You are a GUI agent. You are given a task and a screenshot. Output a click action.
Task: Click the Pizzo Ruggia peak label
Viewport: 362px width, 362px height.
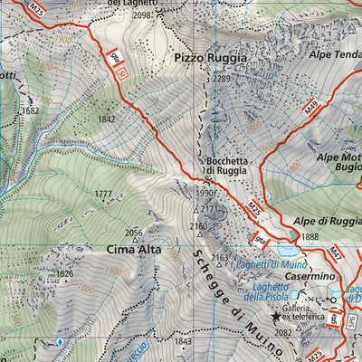pos(210,58)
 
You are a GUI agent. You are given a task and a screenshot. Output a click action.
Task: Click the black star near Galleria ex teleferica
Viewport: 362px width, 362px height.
pos(277,317)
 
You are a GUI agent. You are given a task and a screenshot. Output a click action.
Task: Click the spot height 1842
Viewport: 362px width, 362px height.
pos(107,119)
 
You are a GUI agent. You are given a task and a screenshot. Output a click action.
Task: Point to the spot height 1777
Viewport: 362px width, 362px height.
pos(103,194)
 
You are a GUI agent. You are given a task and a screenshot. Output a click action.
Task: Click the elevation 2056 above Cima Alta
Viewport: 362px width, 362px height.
pos(134,232)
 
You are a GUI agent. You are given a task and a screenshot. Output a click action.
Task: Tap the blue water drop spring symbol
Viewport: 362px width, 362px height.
pos(61,342)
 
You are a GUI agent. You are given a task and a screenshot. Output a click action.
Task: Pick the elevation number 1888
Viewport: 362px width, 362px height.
pos(310,237)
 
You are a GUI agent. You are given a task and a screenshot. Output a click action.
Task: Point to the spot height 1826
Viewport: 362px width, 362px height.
pos(64,273)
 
